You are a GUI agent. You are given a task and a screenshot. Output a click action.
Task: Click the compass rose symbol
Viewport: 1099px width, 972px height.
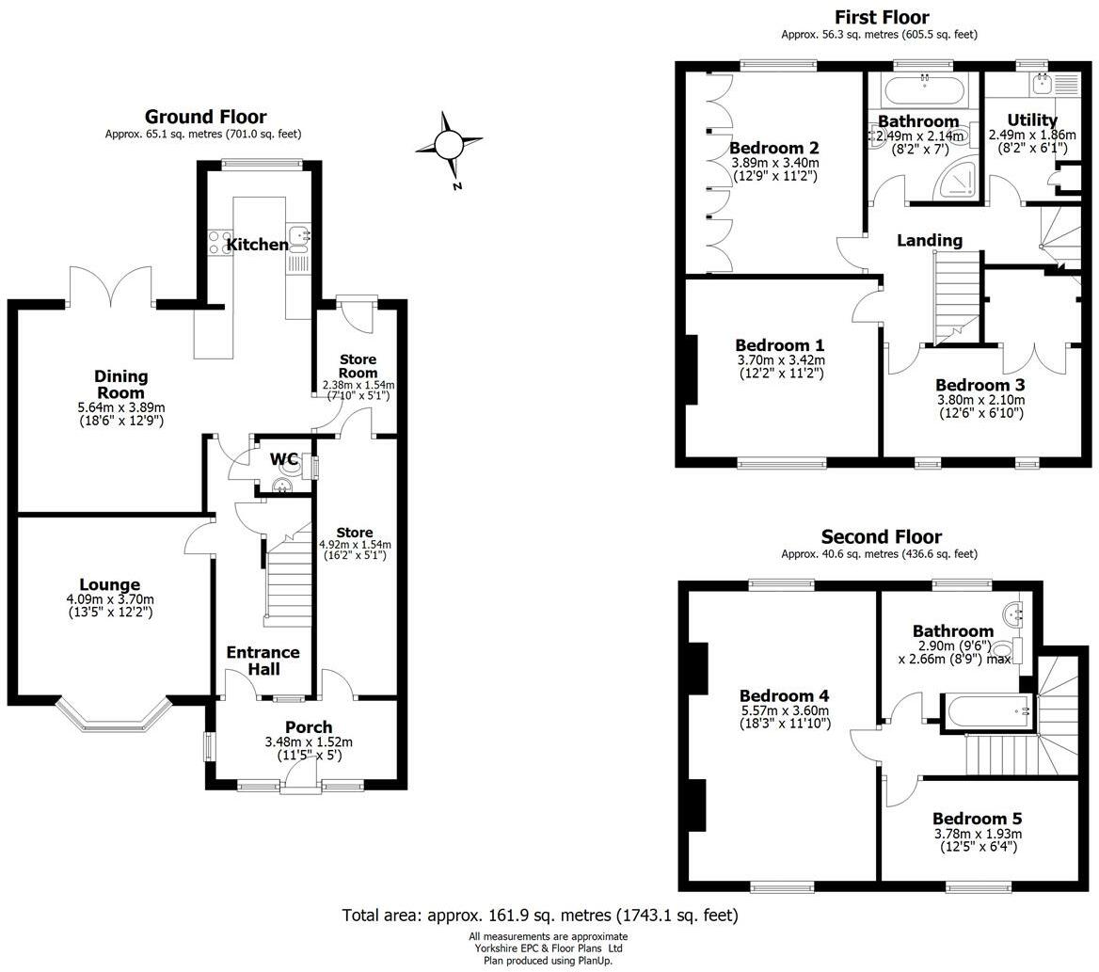coord(449,146)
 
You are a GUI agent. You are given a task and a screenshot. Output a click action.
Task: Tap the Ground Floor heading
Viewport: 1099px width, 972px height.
coord(205,117)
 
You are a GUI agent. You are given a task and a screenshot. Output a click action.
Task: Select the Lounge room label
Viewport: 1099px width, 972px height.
coord(109,584)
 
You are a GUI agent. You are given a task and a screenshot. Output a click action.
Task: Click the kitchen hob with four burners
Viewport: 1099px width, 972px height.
coord(220,243)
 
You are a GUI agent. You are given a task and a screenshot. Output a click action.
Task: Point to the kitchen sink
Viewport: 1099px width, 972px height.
coord(298,238)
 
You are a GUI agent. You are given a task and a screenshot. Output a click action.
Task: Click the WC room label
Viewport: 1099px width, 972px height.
coord(284,460)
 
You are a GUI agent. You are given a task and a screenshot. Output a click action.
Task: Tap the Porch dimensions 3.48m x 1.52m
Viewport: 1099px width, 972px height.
coord(309,742)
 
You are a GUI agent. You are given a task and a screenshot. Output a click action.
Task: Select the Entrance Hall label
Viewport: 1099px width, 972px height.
coord(263,661)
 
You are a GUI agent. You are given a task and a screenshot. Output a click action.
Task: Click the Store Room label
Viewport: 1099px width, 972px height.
coord(358,366)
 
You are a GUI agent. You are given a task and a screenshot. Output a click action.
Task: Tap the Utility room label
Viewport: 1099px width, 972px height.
coord(1031,120)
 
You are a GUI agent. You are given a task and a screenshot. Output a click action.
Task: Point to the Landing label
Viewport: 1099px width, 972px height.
coord(930,240)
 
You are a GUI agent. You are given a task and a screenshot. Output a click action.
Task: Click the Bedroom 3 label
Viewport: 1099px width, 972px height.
coord(980,385)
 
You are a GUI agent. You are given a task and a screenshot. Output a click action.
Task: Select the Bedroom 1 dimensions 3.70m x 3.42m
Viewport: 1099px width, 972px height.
coord(781,360)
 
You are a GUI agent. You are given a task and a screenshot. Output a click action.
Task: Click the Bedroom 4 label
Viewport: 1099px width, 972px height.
coord(785,696)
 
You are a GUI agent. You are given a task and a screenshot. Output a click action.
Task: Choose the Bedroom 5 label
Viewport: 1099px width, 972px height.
coord(977,819)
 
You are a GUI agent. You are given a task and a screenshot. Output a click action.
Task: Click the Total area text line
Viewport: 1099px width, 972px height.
coord(540,916)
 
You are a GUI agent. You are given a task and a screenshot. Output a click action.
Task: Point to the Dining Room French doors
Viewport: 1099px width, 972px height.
coord(110,287)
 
